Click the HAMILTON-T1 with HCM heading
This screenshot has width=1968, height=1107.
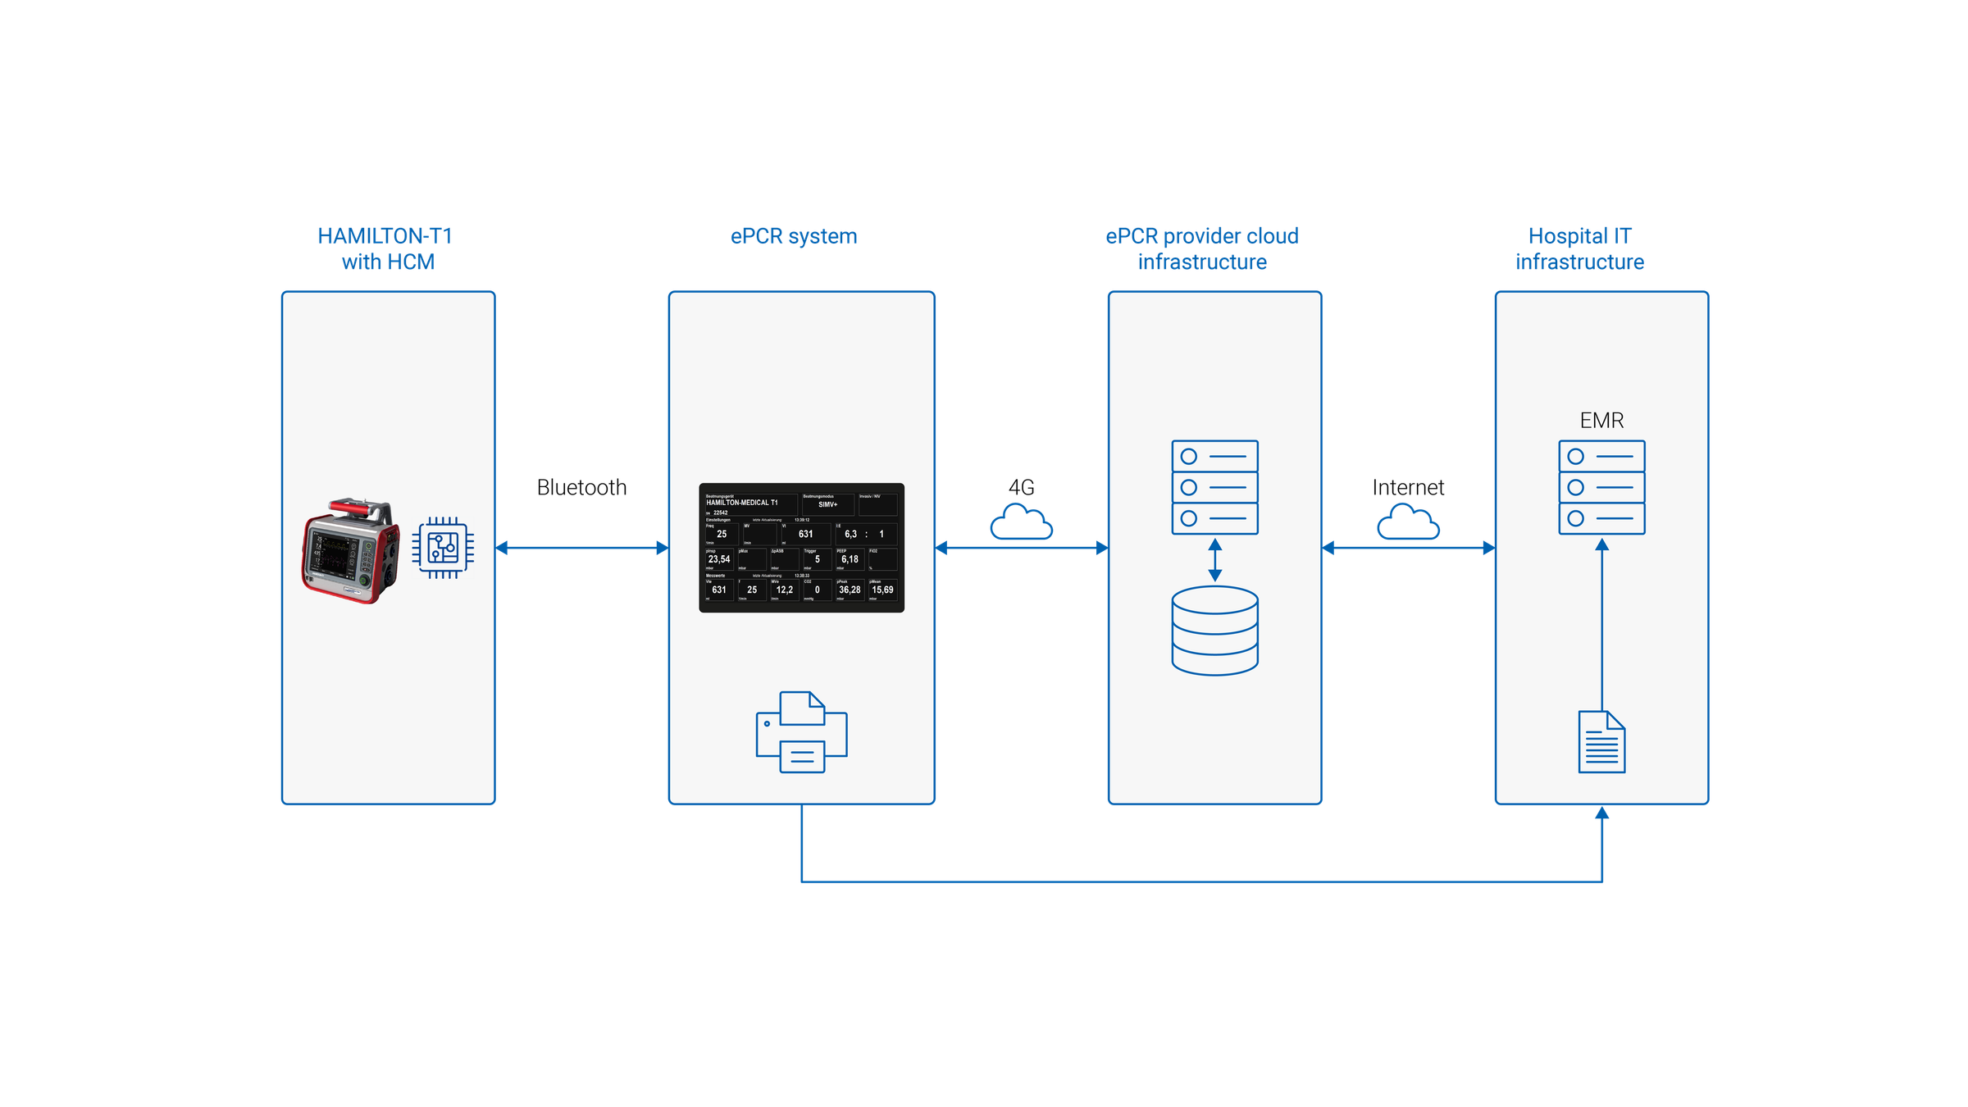(x=385, y=248)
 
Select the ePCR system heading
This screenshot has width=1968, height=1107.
(x=794, y=236)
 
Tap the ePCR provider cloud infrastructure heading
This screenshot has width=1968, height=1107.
(x=1202, y=248)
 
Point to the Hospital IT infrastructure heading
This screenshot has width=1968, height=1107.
(x=1580, y=248)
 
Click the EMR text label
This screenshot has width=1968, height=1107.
(x=1601, y=421)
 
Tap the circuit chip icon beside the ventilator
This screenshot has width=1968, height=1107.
(x=443, y=548)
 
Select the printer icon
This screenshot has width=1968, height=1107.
(x=801, y=731)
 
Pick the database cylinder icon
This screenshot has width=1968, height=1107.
(x=1214, y=630)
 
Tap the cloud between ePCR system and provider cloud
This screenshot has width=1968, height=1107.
(x=1021, y=522)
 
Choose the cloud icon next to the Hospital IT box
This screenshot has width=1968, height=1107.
(x=1408, y=522)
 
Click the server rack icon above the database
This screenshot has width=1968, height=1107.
(x=1214, y=487)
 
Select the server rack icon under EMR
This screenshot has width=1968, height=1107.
(x=1601, y=487)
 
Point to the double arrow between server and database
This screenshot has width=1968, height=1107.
(x=1214, y=560)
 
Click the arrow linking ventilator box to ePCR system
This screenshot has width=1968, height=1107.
(x=581, y=548)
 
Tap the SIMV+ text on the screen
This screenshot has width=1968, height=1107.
(x=827, y=504)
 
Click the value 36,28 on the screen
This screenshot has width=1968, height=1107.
(x=850, y=590)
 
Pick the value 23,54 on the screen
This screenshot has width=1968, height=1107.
(x=719, y=559)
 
